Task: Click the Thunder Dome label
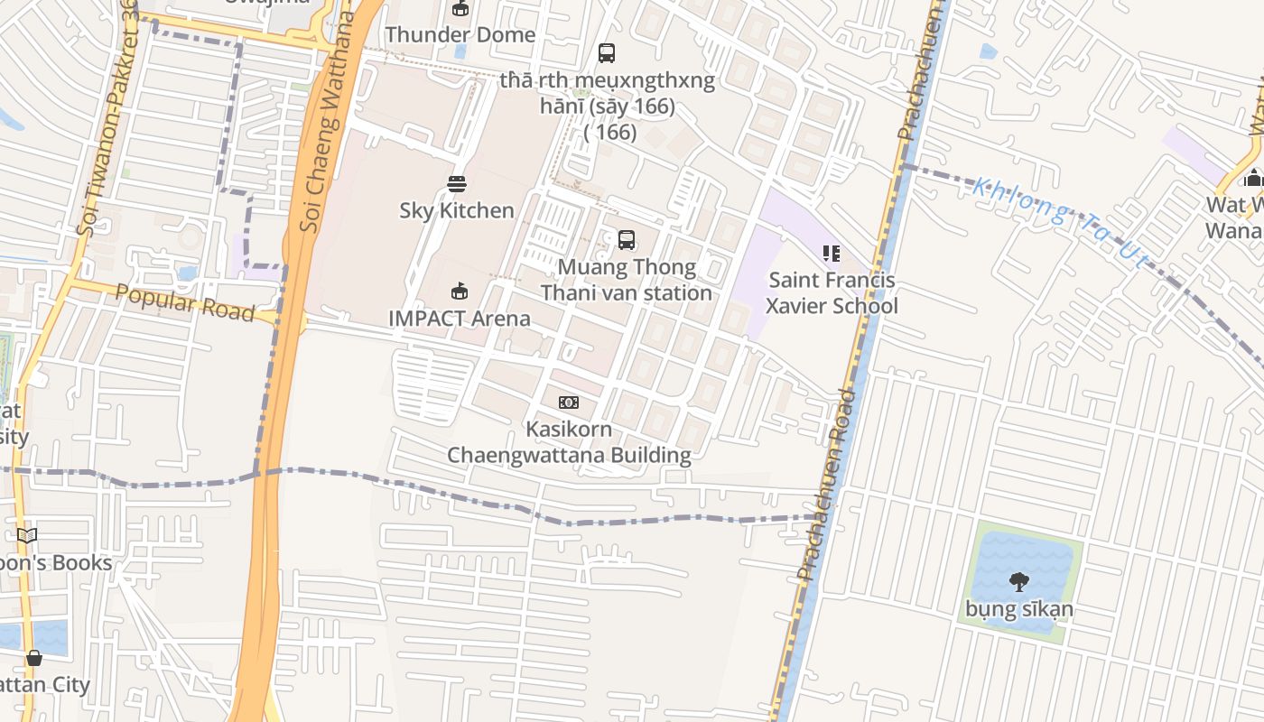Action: [460, 35]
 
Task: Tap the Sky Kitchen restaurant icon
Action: [457, 184]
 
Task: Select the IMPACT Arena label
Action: [460, 319]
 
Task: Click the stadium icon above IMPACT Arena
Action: [460, 291]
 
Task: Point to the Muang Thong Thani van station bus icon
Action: [626, 240]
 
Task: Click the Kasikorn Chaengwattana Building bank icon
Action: [569, 403]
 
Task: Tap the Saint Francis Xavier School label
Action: [832, 292]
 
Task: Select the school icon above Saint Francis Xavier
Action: [832, 254]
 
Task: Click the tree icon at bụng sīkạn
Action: [1019, 582]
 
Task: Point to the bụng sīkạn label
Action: [1019, 609]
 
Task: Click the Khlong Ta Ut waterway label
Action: [1061, 221]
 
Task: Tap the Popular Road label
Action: [185, 303]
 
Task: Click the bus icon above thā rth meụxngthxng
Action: [607, 53]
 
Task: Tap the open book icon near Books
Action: [27, 536]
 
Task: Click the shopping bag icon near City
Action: [34, 658]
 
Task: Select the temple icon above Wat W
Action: [1252, 178]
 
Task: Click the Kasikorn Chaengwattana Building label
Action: [569, 442]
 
